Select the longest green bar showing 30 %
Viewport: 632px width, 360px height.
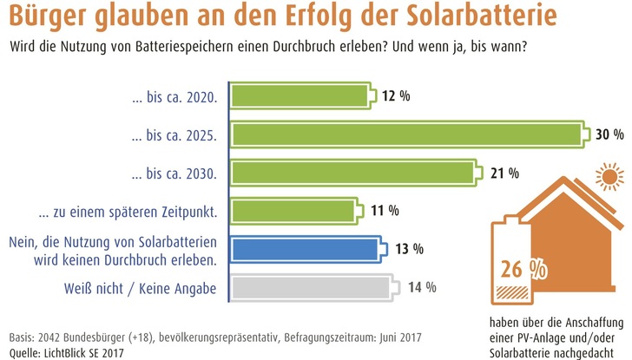pos(406,134)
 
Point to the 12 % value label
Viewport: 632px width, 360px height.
pos(396,95)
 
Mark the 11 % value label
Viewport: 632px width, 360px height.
pos(383,210)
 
